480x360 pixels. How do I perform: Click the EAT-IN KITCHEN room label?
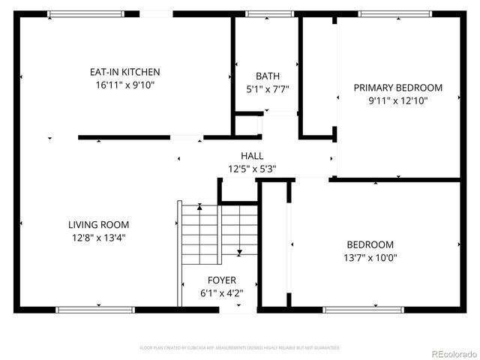coord(125,72)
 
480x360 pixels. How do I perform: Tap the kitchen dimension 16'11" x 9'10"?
coord(125,85)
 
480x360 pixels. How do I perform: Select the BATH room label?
coord(268,76)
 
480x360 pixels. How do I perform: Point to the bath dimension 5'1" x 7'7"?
coord(268,88)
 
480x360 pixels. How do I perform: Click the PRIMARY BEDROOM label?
coord(397,88)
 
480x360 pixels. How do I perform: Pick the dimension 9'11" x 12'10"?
coord(397,100)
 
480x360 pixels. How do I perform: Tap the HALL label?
coord(252,156)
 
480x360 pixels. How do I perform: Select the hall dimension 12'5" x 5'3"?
coord(252,169)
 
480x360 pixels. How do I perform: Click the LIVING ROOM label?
coord(98,224)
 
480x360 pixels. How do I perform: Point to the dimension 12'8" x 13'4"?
coord(98,238)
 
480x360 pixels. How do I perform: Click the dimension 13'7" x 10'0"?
coord(370,257)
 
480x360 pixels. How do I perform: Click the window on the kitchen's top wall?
coord(85,13)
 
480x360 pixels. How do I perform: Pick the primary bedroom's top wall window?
coord(394,13)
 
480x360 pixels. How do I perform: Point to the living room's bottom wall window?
coord(95,309)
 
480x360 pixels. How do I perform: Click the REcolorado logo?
coord(452,353)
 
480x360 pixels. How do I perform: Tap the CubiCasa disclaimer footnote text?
coord(240,348)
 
